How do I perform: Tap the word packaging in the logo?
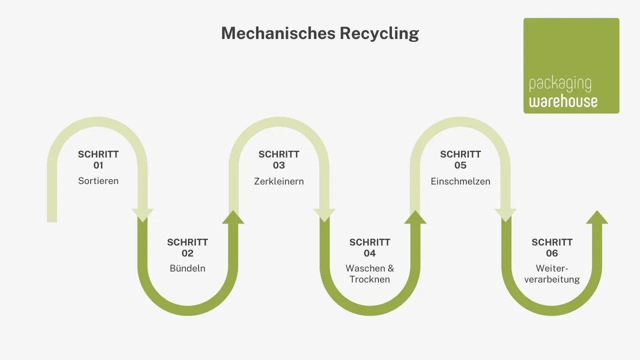coord(559,84)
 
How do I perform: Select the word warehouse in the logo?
coord(563,101)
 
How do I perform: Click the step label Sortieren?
coord(98,181)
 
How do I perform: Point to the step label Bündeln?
coord(187,268)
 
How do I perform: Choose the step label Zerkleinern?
coord(279,181)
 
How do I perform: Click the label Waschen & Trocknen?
coord(369,274)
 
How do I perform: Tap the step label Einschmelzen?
coord(460,181)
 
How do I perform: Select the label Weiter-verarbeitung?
coord(551,274)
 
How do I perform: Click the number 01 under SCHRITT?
coord(98,165)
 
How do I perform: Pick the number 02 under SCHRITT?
coord(187,253)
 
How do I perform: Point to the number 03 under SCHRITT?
coord(279,165)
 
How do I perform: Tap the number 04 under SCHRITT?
coord(369,253)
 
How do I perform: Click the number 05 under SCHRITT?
coord(460,165)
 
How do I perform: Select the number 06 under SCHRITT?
coord(551,253)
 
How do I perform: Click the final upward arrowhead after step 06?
coord(596,217)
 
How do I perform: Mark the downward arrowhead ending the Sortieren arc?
coord(142,215)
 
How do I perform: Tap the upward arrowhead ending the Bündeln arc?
coord(233,217)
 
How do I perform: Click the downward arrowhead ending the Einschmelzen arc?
coord(505,215)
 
